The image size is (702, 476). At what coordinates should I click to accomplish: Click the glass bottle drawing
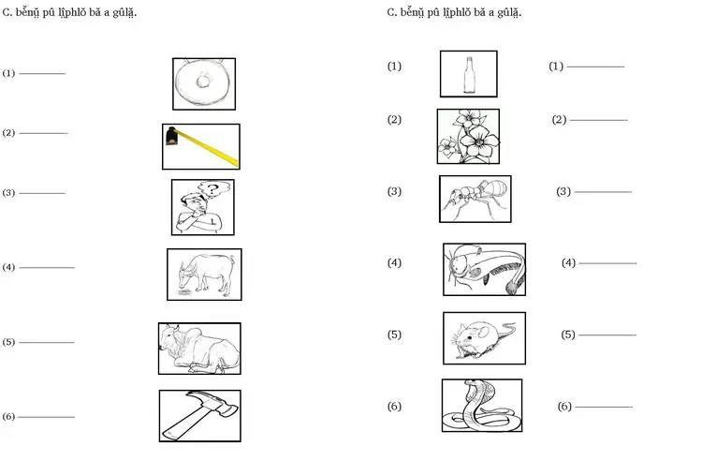pos(469,75)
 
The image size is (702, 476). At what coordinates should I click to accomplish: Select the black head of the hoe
pos(171,136)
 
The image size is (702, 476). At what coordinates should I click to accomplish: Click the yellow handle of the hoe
pos(208,147)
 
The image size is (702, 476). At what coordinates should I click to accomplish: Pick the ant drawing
pos(475,199)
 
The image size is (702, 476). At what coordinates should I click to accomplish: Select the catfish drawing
pos(485,269)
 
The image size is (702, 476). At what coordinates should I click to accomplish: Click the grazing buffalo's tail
pos(233,260)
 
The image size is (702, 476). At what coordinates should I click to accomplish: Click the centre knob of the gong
pos(203,82)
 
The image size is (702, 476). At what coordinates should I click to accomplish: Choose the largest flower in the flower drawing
pos(479,141)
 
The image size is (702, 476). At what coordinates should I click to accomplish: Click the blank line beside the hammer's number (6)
pos(46,417)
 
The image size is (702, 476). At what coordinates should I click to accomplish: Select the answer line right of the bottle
pos(595,67)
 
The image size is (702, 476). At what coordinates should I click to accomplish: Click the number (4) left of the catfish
pos(394,262)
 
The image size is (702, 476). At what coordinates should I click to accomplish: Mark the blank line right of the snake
pos(604,407)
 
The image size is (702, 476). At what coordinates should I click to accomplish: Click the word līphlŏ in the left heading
pos(72,13)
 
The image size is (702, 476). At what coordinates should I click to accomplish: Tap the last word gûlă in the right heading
pos(509,13)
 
